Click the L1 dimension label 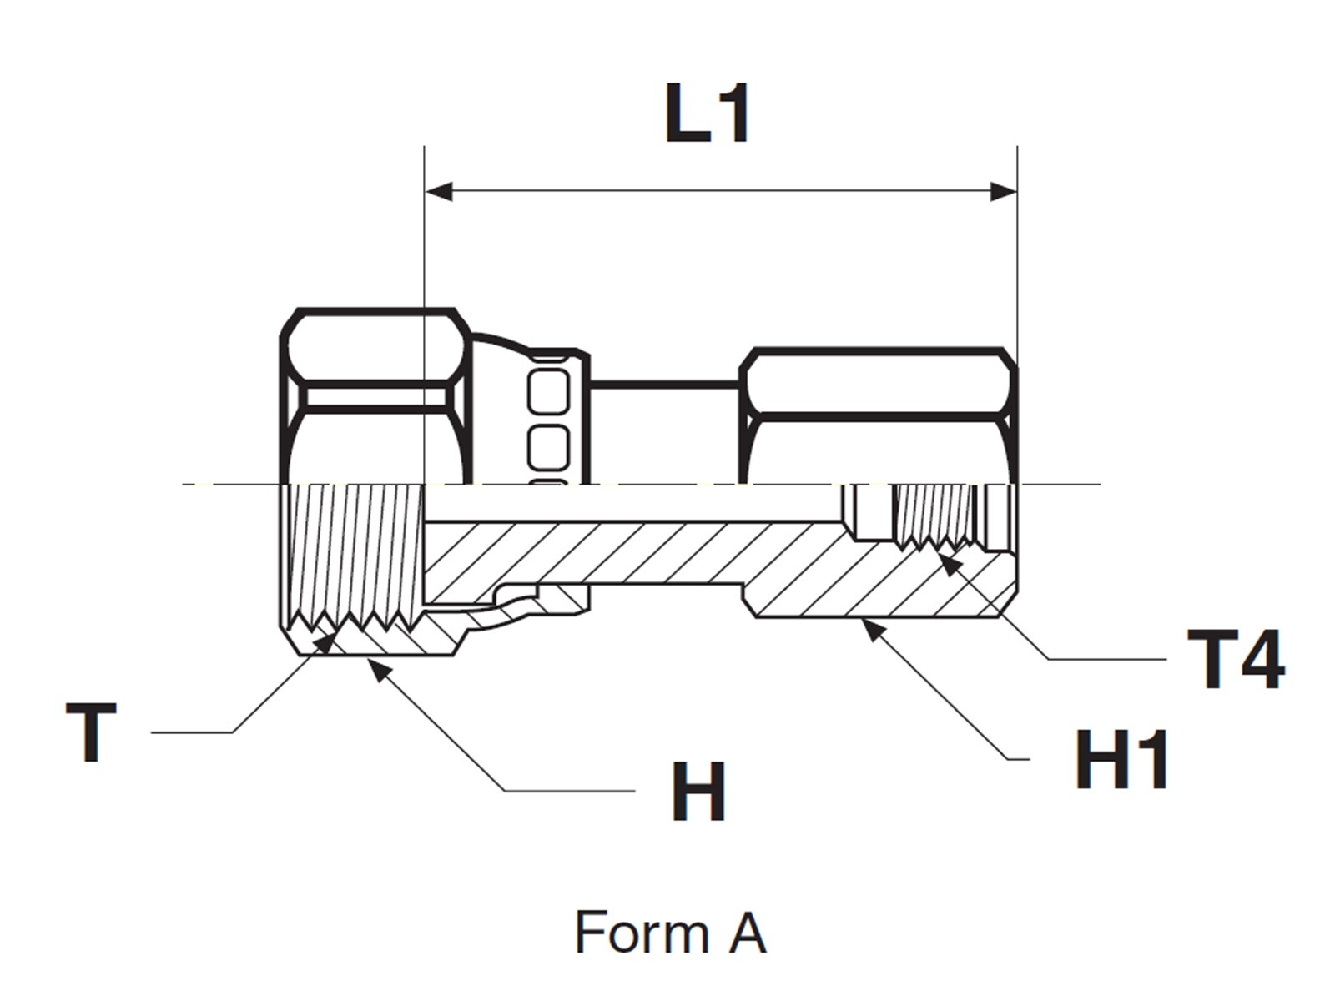(x=708, y=114)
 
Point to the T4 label (x=1236, y=660)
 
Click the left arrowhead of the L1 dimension (x=438, y=191)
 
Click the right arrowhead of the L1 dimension (x=1003, y=191)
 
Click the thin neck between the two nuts (x=663, y=384)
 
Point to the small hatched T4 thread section (x=934, y=513)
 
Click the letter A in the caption (x=747, y=932)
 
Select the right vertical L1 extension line (x=1017, y=250)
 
